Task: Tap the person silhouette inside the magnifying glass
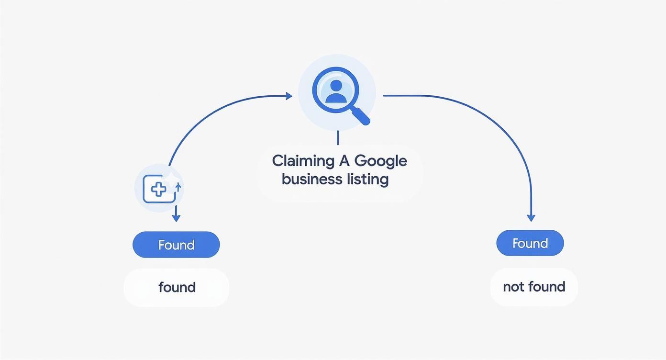[336, 91]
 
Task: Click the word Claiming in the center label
[303, 161]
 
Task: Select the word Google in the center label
[381, 161]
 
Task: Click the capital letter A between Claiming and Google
[344, 161]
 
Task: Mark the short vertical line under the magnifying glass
[337, 137]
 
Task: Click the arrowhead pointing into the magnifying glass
[289, 96]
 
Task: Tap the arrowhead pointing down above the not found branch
[531, 218]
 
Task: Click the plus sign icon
[158, 190]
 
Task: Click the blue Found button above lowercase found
[176, 245]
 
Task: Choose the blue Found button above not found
[530, 243]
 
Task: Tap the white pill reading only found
[177, 287]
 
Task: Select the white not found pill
[534, 287]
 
